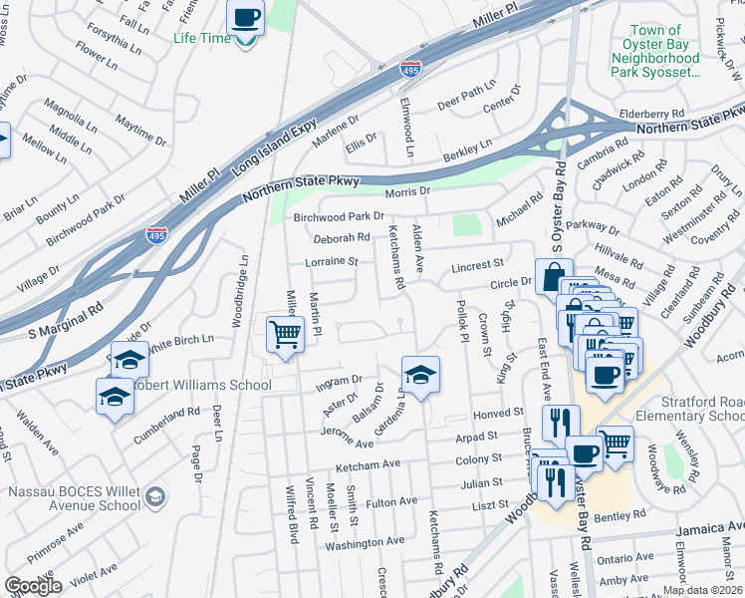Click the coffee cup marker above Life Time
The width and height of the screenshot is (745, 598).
click(x=245, y=18)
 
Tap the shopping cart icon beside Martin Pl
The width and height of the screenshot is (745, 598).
click(x=286, y=334)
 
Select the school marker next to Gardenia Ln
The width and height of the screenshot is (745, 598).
click(x=421, y=376)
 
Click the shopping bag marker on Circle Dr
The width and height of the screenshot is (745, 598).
click(x=553, y=277)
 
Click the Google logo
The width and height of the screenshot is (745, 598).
click(x=33, y=586)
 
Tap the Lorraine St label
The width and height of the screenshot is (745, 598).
click(x=331, y=262)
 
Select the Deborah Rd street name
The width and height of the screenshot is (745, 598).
click(x=342, y=238)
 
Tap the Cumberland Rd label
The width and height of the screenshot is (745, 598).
click(x=169, y=412)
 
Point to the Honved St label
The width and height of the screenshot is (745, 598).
click(x=498, y=413)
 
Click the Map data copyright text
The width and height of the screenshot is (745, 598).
click(x=702, y=590)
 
